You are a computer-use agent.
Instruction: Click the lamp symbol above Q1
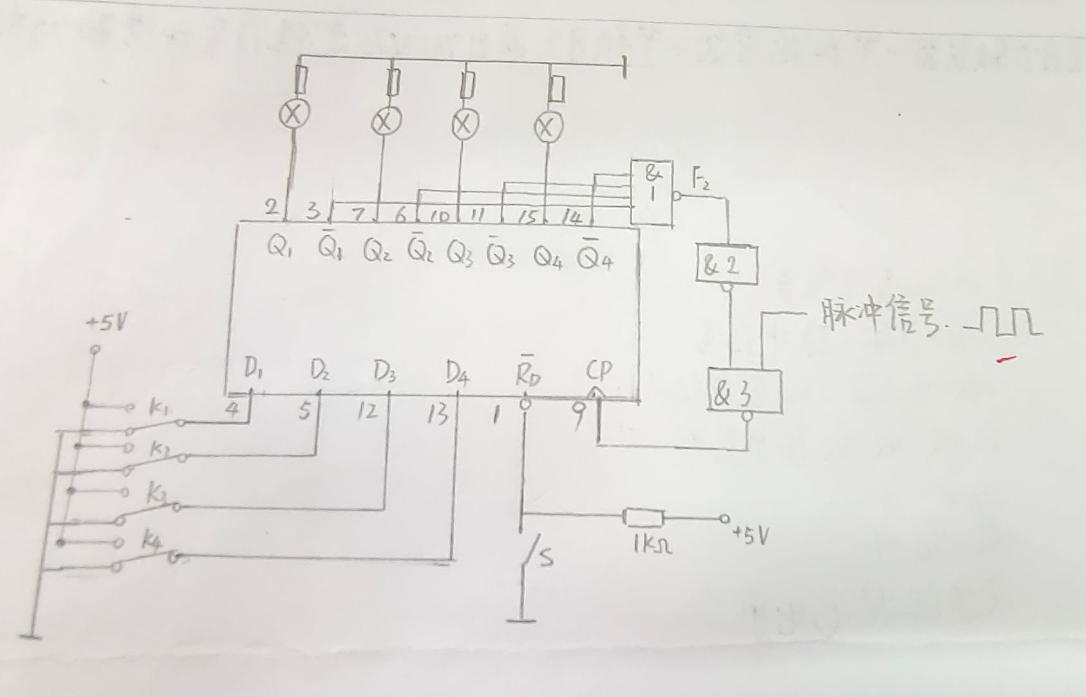(x=294, y=115)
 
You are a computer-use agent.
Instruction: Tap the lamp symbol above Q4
(x=548, y=128)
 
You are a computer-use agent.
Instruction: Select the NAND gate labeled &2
(x=727, y=265)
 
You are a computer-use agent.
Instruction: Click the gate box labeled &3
(x=745, y=392)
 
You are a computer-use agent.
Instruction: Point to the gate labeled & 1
(x=651, y=192)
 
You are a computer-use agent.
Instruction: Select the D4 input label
(x=457, y=372)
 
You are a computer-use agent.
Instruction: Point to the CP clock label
(x=598, y=371)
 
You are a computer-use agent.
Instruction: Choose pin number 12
(x=368, y=412)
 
